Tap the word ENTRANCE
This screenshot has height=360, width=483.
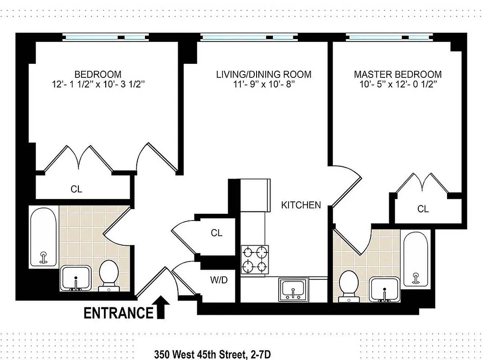(x=119, y=312)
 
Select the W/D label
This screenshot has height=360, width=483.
(x=219, y=280)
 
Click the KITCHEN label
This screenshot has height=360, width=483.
(x=301, y=205)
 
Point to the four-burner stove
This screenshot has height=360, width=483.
(x=255, y=260)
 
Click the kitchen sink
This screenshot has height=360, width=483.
(x=293, y=288)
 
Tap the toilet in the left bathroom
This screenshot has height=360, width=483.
(x=108, y=274)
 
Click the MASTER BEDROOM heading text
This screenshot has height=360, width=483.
(x=397, y=74)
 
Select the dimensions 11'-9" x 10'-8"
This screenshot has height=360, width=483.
(x=263, y=84)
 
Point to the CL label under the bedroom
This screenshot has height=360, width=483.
(x=77, y=189)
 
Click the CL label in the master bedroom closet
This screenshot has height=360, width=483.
(x=423, y=209)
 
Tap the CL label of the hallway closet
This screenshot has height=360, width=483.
(x=217, y=233)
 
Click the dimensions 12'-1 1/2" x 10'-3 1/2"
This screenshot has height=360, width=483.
(x=98, y=84)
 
